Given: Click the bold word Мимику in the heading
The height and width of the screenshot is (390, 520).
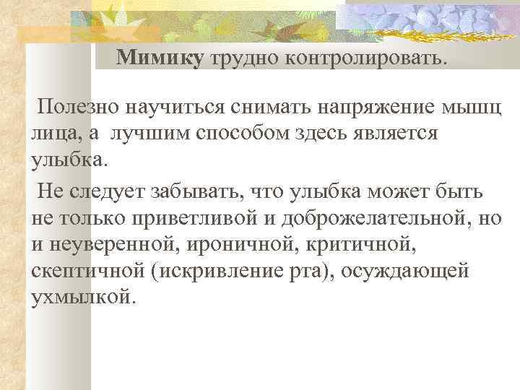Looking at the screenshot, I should tap(160, 58).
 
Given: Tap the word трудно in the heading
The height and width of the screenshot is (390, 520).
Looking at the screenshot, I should tap(245, 58).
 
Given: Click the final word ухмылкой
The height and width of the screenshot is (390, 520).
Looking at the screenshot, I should tap(82, 296).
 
